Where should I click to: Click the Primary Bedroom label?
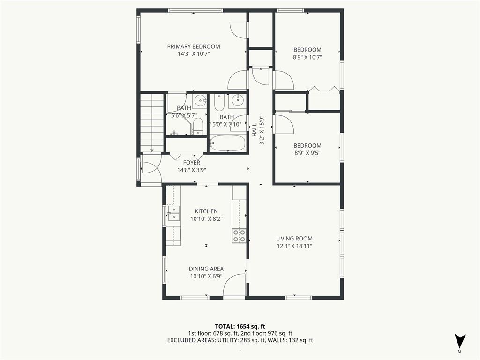[x=194, y=46]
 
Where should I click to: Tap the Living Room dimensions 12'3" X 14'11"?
[x=294, y=246]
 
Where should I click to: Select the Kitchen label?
[x=206, y=211]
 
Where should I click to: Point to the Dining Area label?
[x=206, y=269]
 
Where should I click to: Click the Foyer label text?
[x=192, y=163]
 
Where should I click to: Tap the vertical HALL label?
[x=255, y=130]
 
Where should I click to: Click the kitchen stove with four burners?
[x=239, y=236]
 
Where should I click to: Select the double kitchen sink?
[x=173, y=213]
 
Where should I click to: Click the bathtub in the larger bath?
[x=228, y=143]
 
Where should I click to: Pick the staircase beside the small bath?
[x=152, y=123]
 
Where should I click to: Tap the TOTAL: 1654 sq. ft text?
[x=240, y=326]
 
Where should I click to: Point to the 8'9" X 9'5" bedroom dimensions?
[x=307, y=153]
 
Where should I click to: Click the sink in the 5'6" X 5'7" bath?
[x=201, y=100]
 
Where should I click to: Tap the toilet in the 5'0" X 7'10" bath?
[x=219, y=103]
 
